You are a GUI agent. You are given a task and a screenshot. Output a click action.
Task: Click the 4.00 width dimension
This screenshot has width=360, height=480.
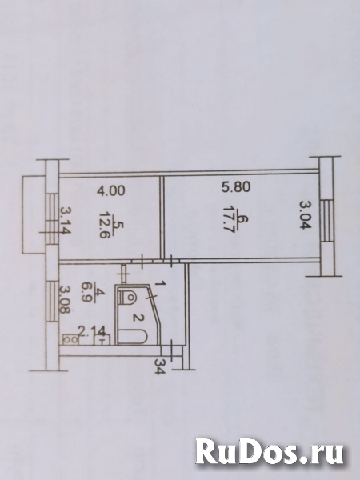[111, 190]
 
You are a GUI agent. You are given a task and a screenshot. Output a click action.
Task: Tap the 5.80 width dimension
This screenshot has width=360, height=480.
[236, 186]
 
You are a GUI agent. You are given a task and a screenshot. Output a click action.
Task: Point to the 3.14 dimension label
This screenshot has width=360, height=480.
[66, 221]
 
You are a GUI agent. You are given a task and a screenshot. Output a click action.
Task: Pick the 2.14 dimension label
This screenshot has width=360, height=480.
[92, 331]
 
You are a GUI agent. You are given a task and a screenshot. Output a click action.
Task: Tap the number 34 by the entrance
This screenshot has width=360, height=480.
[159, 366]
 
